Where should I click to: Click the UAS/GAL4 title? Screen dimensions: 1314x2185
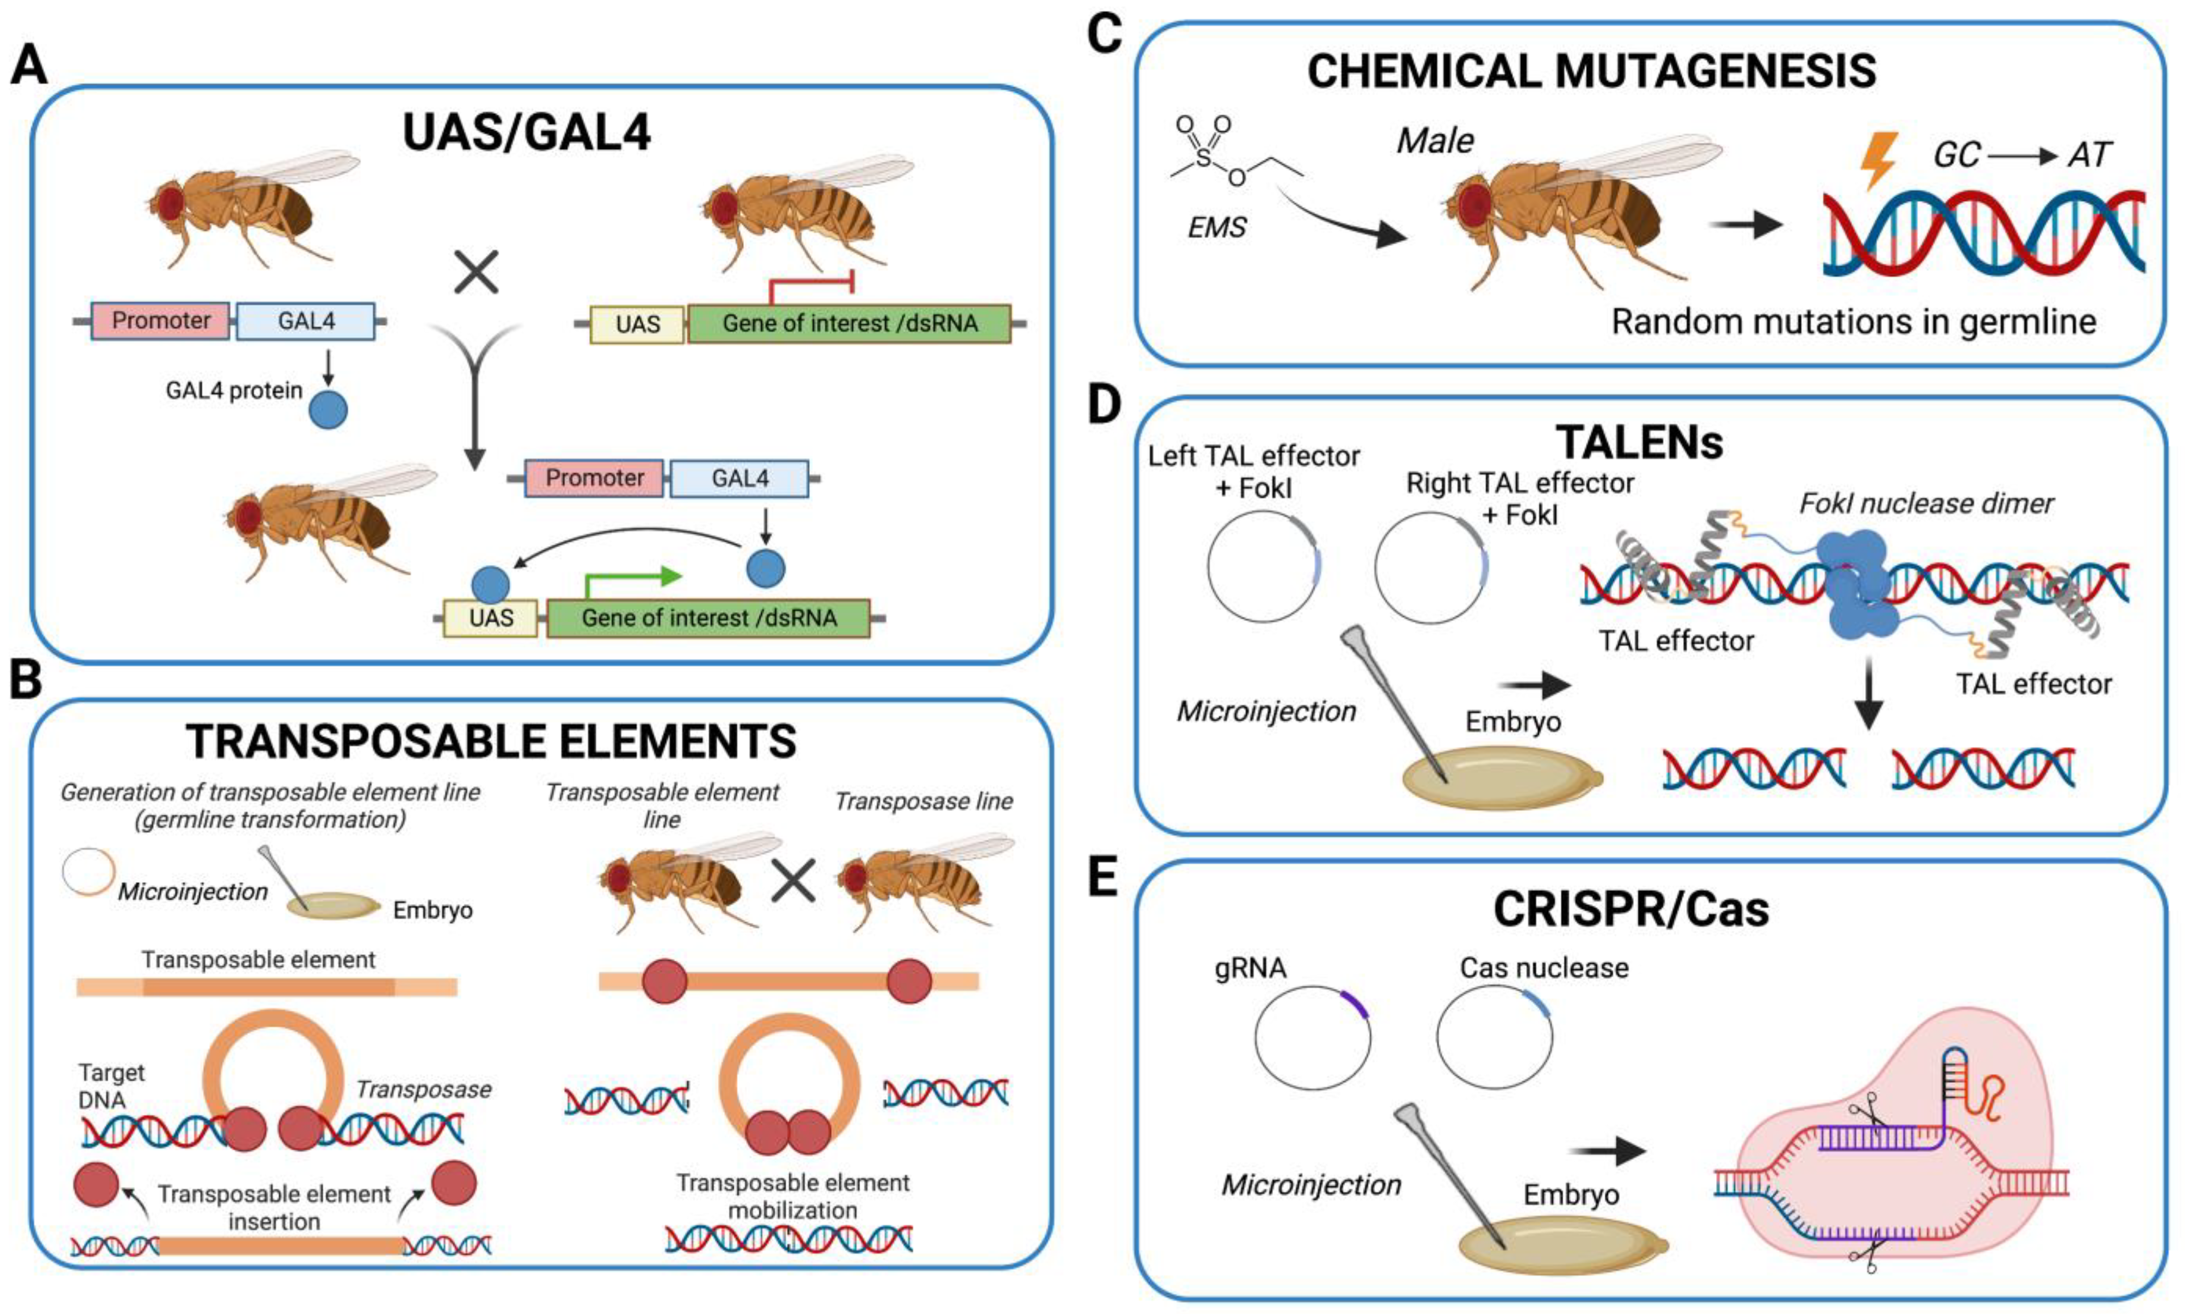click(x=527, y=133)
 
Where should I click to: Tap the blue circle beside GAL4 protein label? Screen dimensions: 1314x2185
click(x=328, y=411)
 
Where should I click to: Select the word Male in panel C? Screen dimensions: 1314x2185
click(x=1435, y=141)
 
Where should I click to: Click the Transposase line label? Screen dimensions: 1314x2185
click(x=923, y=802)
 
